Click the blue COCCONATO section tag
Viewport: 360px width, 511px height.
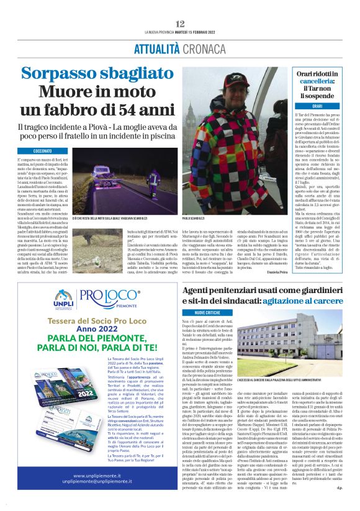(x=43, y=151)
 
